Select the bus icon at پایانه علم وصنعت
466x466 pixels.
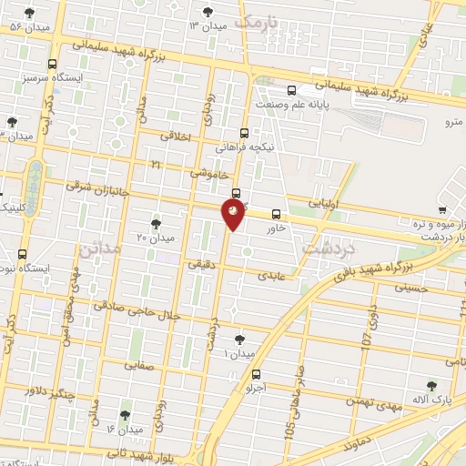tap(291, 90)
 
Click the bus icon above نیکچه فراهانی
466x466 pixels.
tap(245, 132)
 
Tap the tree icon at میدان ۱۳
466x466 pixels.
tap(208, 12)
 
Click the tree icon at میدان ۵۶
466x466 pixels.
tap(31, 13)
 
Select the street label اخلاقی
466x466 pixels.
tap(177, 136)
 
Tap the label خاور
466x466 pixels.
tap(276, 228)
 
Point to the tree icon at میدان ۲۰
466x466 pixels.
tap(156, 223)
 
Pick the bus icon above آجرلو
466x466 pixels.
tap(255, 373)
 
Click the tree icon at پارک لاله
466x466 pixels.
tap(431, 386)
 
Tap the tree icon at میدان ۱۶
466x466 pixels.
tap(125, 415)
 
